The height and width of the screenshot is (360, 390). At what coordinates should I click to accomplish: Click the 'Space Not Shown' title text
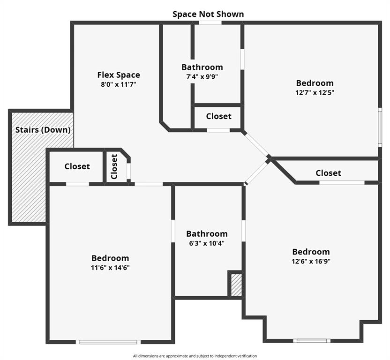[x=208, y=14]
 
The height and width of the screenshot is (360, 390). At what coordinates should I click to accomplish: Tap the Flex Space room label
[x=119, y=75]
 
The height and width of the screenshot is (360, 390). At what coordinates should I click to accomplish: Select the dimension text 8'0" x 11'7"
[x=119, y=84]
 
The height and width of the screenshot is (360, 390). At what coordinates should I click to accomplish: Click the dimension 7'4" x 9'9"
[x=202, y=76]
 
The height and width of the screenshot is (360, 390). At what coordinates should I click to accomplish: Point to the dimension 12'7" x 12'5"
[x=315, y=92]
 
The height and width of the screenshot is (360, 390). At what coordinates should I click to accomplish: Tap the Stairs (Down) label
[x=43, y=130]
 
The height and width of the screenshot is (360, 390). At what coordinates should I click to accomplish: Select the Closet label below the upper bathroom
[x=218, y=116]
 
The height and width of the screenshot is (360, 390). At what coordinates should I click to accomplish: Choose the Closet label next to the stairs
[x=77, y=166]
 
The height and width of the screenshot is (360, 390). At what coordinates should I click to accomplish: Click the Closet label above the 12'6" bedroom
[x=328, y=173]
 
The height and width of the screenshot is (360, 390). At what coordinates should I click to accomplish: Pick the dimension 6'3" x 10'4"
[x=207, y=243]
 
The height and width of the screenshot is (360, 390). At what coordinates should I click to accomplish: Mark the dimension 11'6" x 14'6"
[x=110, y=268]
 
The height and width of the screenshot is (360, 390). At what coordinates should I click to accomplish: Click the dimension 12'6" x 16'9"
[x=311, y=261]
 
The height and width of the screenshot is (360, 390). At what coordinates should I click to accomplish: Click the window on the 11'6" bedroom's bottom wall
[x=108, y=342]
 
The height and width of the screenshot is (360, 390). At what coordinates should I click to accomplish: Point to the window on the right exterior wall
[x=380, y=127]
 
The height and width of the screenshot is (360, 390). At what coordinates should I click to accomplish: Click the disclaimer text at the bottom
[x=195, y=356]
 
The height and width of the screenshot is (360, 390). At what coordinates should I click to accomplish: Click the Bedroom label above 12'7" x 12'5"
[x=315, y=83]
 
